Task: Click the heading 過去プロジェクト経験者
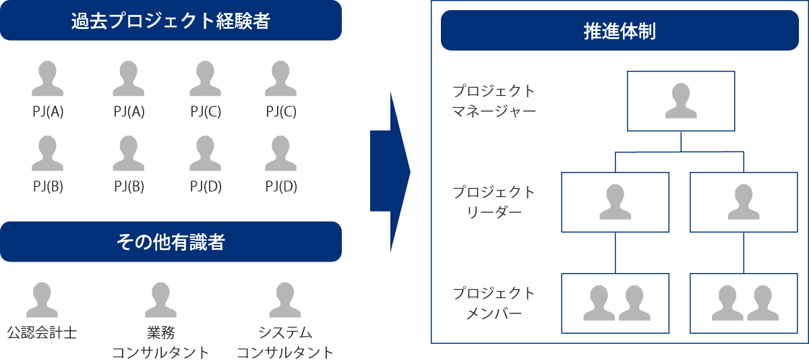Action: (x=171, y=21)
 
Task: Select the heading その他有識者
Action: (x=171, y=241)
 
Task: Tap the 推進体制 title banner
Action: (x=620, y=31)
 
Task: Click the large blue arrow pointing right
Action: (x=390, y=172)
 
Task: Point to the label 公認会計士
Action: (x=42, y=333)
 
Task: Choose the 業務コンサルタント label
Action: (x=160, y=342)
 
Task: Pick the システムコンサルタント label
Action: (x=285, y=342)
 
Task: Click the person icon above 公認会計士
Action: (x=42, y=300)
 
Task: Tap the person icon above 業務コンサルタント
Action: (x=160, y=300)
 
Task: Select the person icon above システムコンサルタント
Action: (x=285, y=300)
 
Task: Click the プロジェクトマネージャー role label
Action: (x=494, y=100)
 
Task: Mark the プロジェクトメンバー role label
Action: (x=494, y=303)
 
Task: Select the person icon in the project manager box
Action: (x=681, y=101)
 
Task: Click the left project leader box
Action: (x=615, y=202)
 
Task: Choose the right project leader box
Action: (x=744, y=202)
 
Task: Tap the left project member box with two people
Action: (x=615, y=303)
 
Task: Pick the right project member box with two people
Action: (x=744, y=303)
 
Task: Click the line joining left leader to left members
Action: (x=616, y=253)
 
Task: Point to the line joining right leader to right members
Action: (x=744, y=253)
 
